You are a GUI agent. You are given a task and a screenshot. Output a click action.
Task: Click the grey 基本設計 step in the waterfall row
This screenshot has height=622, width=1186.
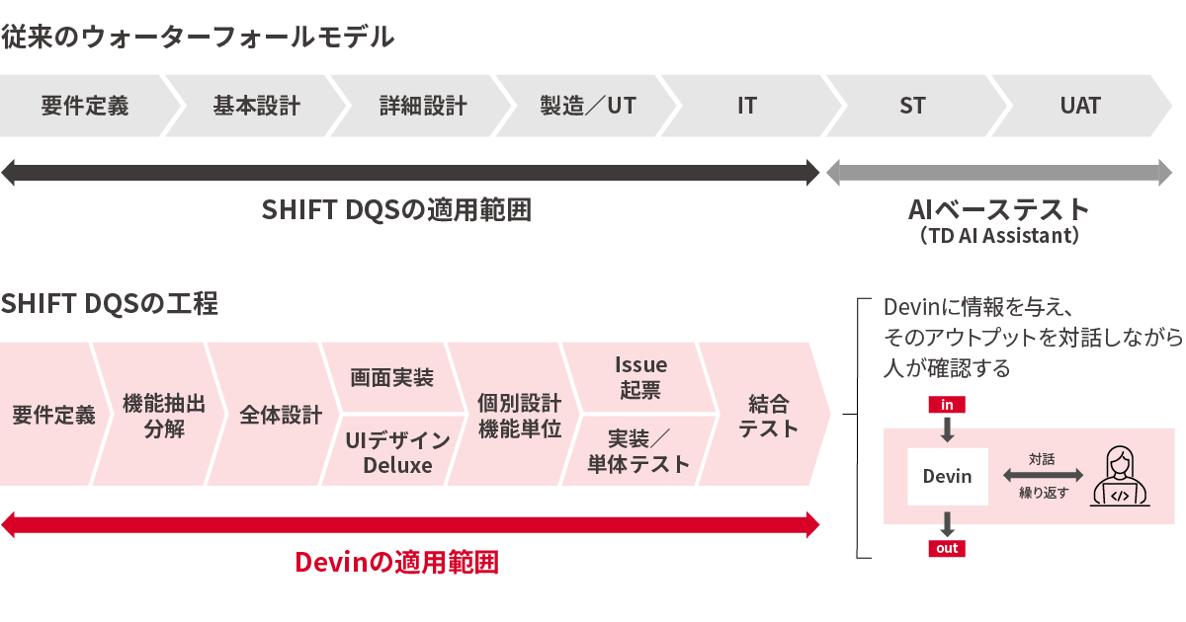(x=256, y=106)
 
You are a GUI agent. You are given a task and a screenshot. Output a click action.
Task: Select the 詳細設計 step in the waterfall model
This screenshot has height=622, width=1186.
(x=423, y=106)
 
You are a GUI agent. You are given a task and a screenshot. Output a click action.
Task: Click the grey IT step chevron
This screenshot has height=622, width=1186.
(x=747, y=106)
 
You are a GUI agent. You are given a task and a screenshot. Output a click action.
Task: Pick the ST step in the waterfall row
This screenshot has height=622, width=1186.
(x=912, y=106)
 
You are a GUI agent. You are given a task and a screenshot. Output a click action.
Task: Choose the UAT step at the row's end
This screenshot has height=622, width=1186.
(x=1079, y=106)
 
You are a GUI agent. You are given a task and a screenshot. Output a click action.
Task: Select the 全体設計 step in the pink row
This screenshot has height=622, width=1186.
(x=281, y=416)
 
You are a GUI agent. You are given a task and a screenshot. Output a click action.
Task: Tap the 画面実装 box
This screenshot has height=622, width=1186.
(x=392, y=378)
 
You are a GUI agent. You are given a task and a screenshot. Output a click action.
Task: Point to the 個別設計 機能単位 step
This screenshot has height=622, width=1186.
(x=519, y=416)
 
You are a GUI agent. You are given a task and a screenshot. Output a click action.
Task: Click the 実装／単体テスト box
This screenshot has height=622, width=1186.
(x=638, y=452)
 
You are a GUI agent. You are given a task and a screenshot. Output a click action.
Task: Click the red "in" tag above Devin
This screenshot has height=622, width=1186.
(x=947, y=404)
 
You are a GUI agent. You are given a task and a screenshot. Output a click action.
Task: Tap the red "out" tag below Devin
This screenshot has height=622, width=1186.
(x=947, y=549)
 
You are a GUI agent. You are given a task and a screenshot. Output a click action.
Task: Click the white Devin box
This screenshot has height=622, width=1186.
(x=947, y=477)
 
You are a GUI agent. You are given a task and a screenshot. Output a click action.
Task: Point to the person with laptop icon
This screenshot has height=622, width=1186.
(x=1119, y=477)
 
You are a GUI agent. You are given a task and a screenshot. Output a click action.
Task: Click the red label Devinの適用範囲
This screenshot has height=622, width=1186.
(x=397, y=563)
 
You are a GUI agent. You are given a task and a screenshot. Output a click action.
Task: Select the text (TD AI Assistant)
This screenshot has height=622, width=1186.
(x=998, y=237)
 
